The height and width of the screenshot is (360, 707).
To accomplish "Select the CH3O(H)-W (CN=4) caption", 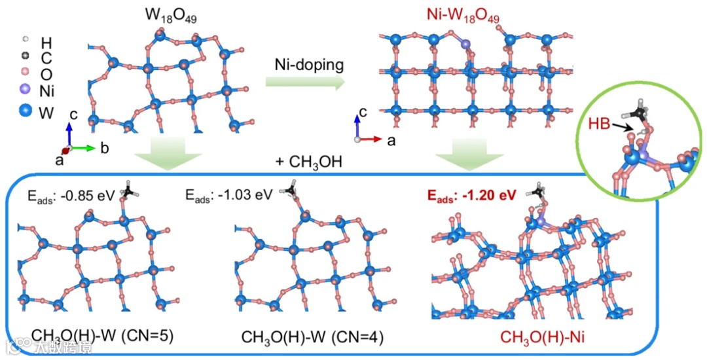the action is (x=312, y=337).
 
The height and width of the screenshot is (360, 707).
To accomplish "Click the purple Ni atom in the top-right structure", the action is (x=466, y=45).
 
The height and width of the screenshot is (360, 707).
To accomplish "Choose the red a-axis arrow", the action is (x=372, y=139).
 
